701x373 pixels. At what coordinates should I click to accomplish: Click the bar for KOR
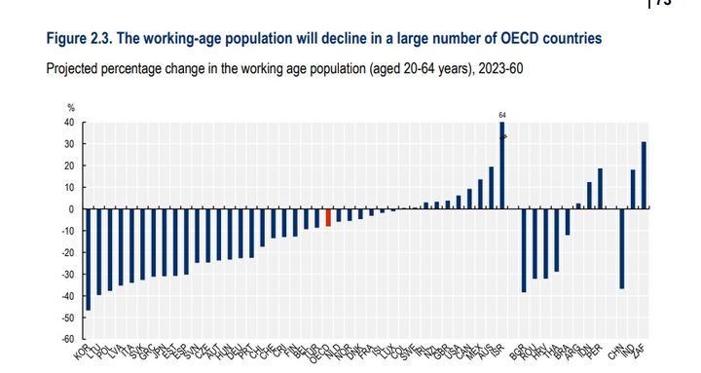click(x=89, y=259)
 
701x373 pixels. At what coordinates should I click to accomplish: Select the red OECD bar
click(x=328, y=217)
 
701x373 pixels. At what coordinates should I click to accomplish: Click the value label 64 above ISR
click(x=502, y=114)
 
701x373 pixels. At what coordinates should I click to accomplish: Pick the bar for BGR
click(x=523, y=250)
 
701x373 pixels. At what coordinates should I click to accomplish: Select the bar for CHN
click(x=621, y=248)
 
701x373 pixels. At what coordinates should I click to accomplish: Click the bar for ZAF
click(x=644, y=175)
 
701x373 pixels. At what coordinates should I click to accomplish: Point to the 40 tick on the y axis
click(x=70, y=123)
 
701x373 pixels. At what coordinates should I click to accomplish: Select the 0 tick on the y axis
click(x=73, y=209)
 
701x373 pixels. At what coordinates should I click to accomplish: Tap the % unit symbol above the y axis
click(x=70, y=107)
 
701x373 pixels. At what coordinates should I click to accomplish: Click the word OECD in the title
click(x=507, y=39)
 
